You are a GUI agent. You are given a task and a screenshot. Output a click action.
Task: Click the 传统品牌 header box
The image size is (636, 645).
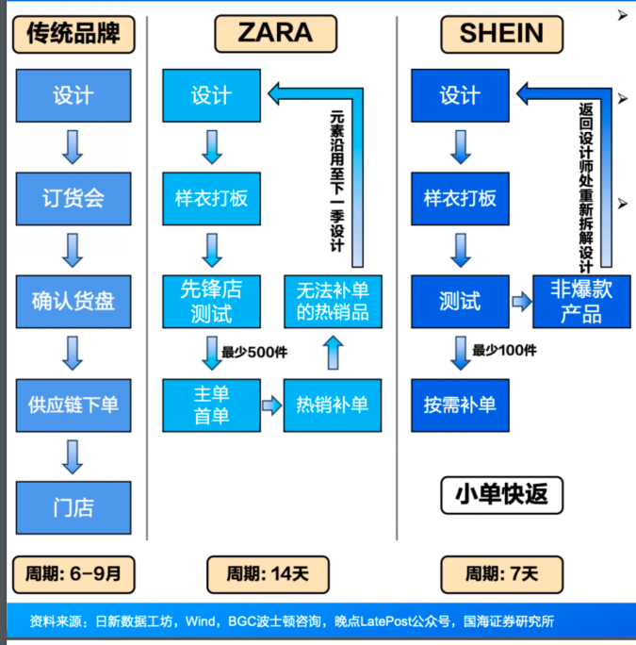pyautogui.click(x=73, y=35)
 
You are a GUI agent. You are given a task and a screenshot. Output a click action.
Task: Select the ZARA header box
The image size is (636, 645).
pyautogui.click(x=275, y=34)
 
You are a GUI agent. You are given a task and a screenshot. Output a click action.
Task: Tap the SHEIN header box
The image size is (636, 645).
pyautogui.click(x=501, y=35)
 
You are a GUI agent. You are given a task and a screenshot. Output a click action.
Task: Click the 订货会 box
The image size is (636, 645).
pyautogui.click(x=73, y=199)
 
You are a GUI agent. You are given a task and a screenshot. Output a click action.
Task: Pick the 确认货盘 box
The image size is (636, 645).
pyautogui.click(x=73, y=302)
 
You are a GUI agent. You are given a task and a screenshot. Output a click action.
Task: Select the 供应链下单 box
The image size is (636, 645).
pyautogui.click(x=73, y=405)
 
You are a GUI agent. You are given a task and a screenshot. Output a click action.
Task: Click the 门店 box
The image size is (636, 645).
pyautogui.click(x=73, y=507)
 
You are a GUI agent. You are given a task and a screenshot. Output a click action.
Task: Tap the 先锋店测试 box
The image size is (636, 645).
pyautogui.click(x=211, y=302)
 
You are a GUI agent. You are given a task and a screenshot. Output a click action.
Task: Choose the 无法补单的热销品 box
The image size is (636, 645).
pyautogui.click(x=333, y=302)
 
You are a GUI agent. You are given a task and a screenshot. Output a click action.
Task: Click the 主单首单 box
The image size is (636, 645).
pyautogui.click(x=211, y=405)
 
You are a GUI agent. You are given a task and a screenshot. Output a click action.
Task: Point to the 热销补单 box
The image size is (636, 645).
pyautogui.click(x=333, y=405)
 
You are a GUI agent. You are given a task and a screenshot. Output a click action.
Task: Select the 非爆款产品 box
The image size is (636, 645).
pyautogui.click(x=581, y=302)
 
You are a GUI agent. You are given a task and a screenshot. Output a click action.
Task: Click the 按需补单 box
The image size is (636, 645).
pyautogui.click(x=460, y=405)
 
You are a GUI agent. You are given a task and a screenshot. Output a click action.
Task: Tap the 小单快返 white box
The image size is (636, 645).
pyautogui.click(x=501, y=495)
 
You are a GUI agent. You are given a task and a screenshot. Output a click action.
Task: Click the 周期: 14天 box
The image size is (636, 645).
pyautogui.click(x=268, y=574)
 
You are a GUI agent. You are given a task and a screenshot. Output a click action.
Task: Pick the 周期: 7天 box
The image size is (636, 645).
pyautogui.click(x=501, y=574)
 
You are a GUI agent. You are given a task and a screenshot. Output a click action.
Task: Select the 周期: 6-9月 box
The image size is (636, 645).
pyautogui.click(x=73, y=574)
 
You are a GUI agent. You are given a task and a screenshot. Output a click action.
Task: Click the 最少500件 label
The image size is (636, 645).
pyautogui.click(x=254, y=352)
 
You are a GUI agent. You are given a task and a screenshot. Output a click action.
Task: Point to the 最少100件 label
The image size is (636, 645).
pyautogui.click(x=504, y=351)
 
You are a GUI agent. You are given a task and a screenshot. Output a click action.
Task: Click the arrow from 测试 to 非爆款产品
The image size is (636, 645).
pyautogui.click(x=522, y=302)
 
